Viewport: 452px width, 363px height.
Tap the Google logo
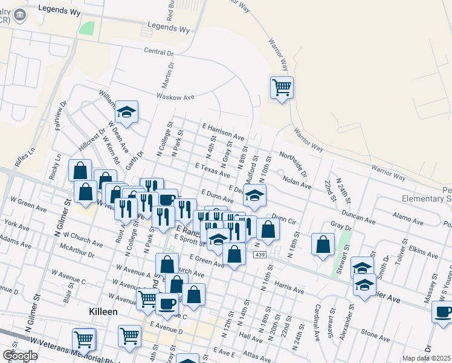point(21,356)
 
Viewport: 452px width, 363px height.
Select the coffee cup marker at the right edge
point(443,312)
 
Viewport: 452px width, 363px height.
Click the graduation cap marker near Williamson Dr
point(127,112)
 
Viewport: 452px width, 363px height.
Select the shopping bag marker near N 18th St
point(323,244)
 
